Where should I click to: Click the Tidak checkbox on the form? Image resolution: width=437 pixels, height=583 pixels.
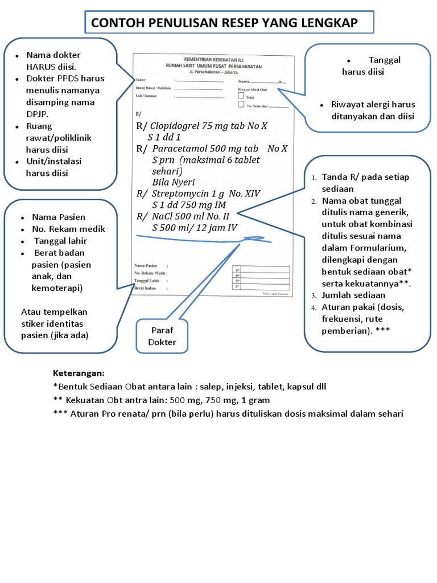(241, 96)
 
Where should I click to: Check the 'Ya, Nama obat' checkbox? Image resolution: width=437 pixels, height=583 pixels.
(241, 105)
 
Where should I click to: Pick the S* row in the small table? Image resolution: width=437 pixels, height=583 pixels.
(238, 286)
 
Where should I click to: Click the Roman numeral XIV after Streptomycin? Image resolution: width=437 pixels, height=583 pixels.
(251, 194)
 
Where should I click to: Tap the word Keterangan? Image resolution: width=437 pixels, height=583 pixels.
(79, 373)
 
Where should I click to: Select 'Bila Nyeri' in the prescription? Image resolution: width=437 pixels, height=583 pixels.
(174, 182)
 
